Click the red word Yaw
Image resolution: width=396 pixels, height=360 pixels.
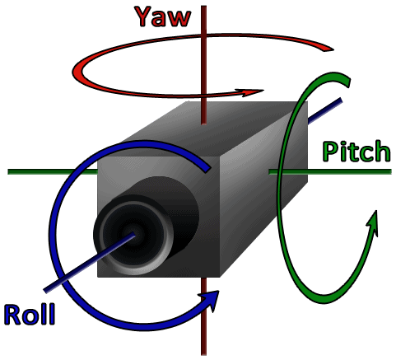163,16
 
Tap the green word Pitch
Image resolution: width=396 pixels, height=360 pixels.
356,152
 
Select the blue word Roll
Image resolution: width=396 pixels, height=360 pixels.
30,314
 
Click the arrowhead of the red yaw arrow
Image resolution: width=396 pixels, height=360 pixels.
251,92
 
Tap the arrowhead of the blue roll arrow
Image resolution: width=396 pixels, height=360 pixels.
211,300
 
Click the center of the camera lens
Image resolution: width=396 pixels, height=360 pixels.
133,234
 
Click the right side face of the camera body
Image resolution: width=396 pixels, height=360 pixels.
263,189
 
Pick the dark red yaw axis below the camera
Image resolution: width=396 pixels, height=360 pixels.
203,316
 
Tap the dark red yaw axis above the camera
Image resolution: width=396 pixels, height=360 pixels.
203,65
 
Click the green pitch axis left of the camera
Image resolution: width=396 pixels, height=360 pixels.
53,172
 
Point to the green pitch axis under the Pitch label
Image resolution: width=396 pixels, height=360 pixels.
330,172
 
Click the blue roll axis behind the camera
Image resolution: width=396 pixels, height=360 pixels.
325,111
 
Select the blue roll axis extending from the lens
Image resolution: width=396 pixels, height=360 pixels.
90,263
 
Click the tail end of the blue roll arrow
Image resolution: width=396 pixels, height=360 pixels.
207,168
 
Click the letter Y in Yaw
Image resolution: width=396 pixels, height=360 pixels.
144,16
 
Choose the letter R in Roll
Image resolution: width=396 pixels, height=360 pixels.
13,314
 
